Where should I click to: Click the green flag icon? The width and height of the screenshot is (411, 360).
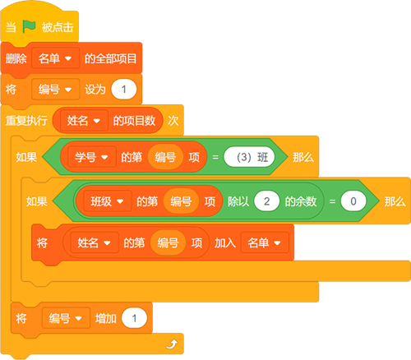pos(29,26)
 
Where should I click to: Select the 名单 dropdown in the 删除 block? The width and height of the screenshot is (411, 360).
pos(56,58)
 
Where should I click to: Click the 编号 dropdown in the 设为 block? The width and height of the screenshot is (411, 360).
pos(56,90)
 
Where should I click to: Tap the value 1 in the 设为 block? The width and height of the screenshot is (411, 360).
pos(124,90)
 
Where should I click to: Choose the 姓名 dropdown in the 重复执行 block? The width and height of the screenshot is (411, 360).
pos(84,121)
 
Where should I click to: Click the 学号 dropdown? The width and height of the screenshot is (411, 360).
pos(92,157)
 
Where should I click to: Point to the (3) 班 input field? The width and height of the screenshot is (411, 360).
pos(249,157)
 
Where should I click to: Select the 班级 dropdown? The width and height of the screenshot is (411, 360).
pos(108,201)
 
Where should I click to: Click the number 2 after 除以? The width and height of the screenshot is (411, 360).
pos(266,201)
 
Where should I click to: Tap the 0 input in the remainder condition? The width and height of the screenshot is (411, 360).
pos(353,201)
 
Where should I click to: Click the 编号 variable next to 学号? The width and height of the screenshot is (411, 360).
pos(165,157)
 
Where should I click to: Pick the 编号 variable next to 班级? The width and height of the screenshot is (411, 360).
pos(181,201)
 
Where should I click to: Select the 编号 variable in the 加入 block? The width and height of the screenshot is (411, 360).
pos(168,242)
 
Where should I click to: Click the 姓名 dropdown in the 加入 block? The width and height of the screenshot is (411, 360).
pos(95,242)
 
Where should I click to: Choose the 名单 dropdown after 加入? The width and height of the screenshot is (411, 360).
pos(265,242)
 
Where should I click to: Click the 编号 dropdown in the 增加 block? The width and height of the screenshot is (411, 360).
pos(66,318)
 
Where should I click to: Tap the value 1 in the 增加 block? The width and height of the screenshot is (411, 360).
pos(134,318)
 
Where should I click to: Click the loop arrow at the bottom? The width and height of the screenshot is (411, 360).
pos(172,344)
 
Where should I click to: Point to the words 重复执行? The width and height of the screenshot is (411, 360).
pos(26,121)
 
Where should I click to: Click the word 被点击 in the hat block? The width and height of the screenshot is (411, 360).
pos(58,27)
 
